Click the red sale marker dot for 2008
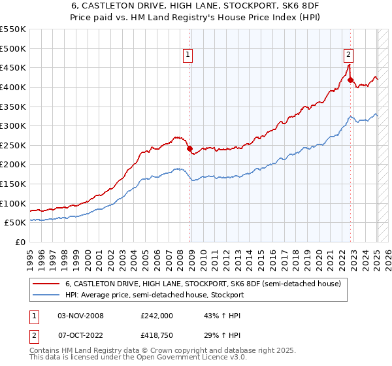190,148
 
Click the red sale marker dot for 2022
351,80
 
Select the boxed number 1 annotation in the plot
188,56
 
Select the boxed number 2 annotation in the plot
348,56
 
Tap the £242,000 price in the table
156,316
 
